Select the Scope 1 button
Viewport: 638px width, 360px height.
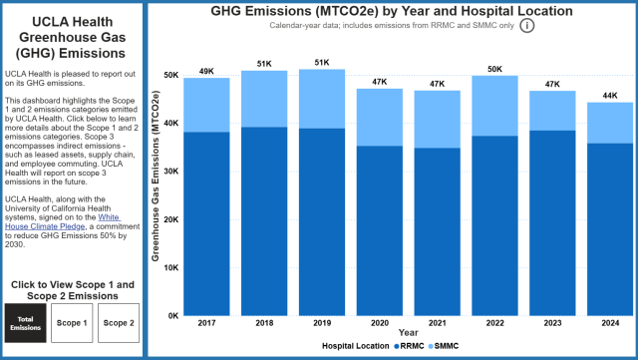(72, 323)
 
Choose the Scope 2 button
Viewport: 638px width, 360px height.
(118, 323)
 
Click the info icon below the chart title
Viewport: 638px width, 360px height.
(526, 25)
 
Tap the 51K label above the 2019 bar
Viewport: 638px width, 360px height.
(321, 62)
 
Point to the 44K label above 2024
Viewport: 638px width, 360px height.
(609, 95)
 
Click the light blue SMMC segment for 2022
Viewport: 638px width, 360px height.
(494, 105)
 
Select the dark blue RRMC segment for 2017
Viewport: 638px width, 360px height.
(206, 223)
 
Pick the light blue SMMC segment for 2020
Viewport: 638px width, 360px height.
(379, 117)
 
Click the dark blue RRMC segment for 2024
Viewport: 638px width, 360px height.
(609, 228)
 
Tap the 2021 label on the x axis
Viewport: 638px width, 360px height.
(437, 323)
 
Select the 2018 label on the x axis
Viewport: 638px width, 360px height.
(264, 323)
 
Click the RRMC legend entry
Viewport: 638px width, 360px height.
(413, 345)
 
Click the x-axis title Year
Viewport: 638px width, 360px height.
(408, 332)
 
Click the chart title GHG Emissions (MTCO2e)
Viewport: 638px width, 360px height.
(392, 10)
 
